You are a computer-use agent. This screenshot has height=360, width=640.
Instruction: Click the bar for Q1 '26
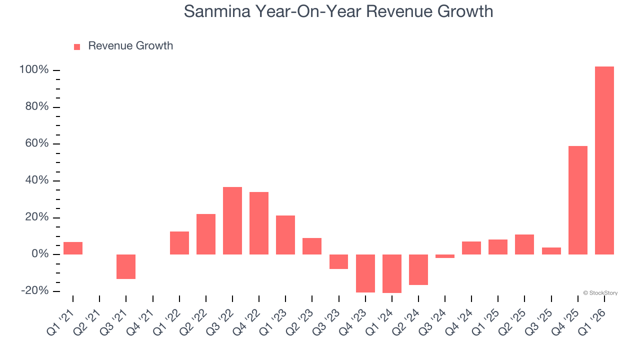(604, 160)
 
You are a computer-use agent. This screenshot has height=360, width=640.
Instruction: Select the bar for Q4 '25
(577, 200)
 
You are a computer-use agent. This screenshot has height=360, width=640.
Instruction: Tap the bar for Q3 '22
(232, 220)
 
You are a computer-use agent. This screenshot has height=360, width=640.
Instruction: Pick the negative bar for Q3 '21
(126, 266)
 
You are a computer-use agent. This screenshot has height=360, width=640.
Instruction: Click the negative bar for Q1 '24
(391, 273)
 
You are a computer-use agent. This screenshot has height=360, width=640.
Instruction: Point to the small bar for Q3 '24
(444, 256)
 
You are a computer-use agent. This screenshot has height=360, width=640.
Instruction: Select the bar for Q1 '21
(73, 248)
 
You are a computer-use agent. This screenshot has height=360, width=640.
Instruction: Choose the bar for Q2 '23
(311, 246)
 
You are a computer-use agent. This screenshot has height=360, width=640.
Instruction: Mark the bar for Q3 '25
(551, 251)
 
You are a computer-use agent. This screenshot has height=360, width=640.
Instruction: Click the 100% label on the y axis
(34, 70)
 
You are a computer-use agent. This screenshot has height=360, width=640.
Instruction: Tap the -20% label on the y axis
(34, 291)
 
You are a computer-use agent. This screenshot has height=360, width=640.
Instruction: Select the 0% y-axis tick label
(39, 254)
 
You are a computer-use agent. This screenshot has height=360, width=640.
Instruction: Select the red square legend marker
(77, 46)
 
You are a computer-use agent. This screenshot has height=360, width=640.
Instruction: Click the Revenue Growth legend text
(130, 46)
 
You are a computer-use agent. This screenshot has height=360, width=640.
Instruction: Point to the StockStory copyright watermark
(600, 293)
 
